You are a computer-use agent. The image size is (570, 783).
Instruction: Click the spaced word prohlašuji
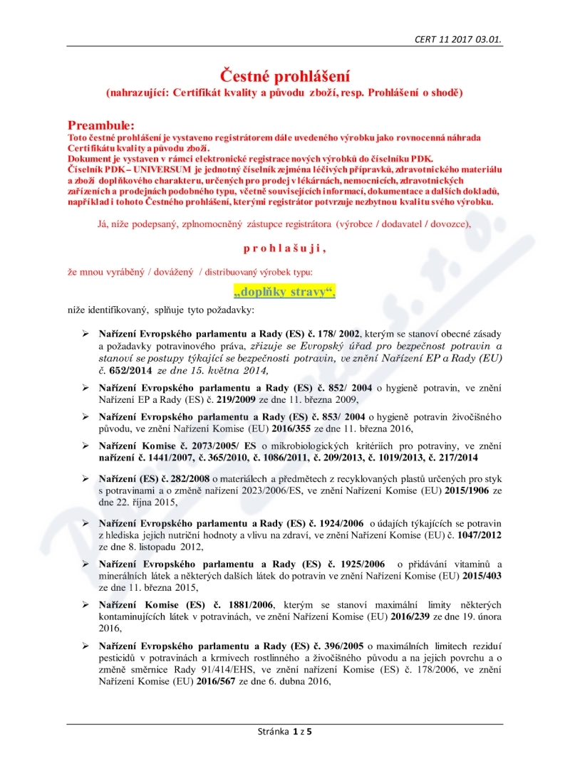click(284, 248)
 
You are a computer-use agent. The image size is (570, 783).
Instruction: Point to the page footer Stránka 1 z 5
click(284, 731)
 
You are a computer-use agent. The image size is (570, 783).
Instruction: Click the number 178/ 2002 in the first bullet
click(338, 334)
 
